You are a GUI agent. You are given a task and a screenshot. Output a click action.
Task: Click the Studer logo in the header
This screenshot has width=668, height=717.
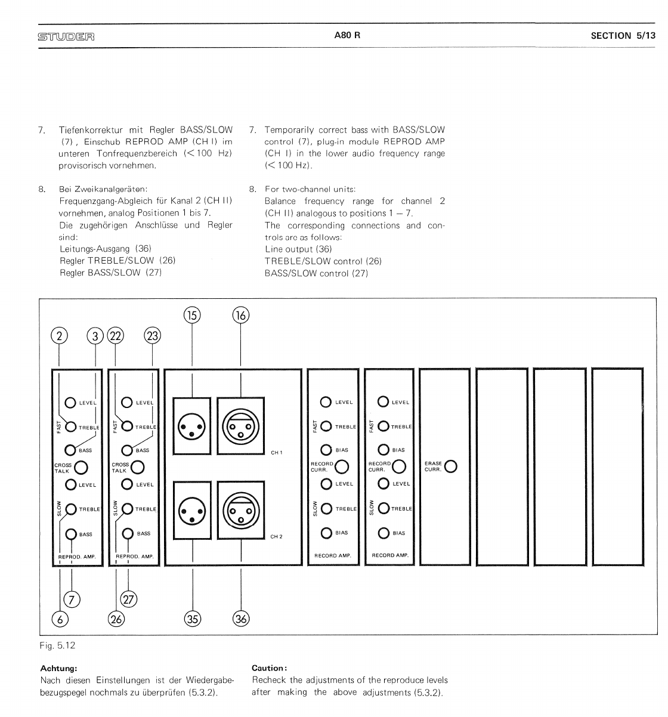[66, 36]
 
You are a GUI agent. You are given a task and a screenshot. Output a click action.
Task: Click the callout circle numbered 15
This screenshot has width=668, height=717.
[192, 315]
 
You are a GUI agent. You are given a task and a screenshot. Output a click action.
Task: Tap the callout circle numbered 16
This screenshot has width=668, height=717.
[240, 315]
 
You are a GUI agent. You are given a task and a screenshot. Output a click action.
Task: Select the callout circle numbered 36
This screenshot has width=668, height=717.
[241, 619]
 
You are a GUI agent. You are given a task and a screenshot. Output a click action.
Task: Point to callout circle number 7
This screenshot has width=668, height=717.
[72, 598]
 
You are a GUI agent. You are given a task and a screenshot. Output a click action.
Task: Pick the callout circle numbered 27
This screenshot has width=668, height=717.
[129, 598]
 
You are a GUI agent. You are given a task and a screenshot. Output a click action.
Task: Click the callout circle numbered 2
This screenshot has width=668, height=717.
[58, 336]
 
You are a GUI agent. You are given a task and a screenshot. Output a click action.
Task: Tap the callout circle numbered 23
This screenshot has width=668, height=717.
[153, 336]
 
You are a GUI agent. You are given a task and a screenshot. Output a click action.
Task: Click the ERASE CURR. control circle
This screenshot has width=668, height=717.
[451, 466]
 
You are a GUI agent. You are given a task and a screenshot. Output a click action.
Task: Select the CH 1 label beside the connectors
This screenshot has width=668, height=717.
[276, 453]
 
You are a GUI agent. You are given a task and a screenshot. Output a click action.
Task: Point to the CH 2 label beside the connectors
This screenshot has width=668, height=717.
[276, 537]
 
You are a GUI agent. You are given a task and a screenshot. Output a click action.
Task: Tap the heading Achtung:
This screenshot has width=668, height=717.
[58, 668]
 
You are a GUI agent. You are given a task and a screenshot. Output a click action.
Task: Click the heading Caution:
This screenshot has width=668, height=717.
[270, 668]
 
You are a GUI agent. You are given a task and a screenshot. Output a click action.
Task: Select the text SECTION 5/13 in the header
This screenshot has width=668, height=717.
[623, 36]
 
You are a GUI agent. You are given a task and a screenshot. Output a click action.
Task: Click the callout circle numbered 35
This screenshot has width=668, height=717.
[192, 619]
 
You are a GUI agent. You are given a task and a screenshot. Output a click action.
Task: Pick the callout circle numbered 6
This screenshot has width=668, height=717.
[60, 619]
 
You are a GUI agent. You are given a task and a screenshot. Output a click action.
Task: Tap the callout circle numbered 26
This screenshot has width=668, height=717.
[116, 619]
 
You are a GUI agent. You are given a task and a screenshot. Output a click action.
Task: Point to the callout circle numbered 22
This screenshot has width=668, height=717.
[115, 336]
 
